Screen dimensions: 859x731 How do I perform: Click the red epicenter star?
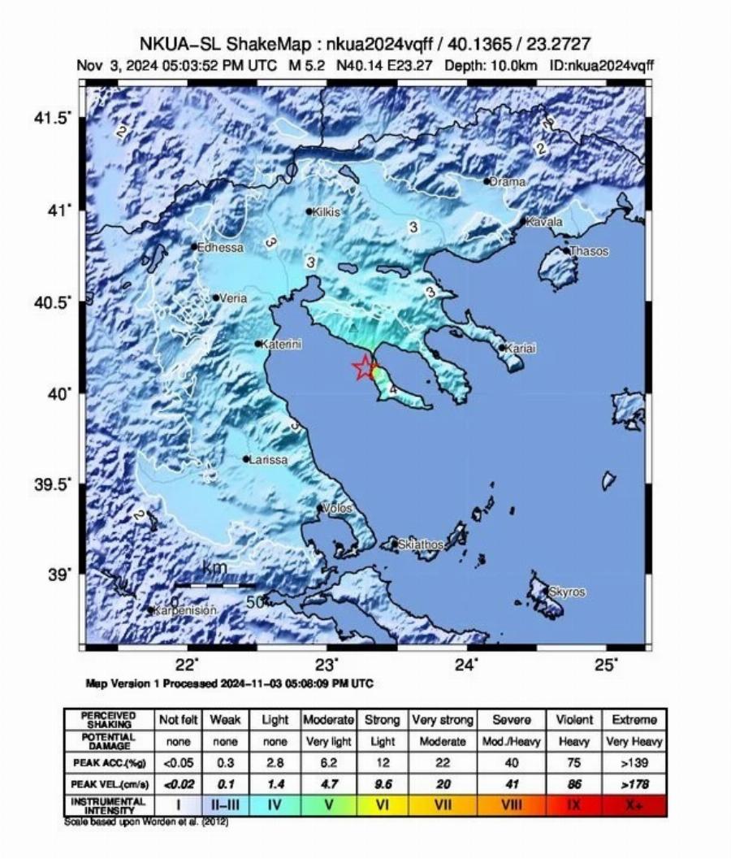[364, 368]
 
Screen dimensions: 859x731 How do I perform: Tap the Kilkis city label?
[327, 212]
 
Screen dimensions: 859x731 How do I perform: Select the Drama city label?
[508, 182]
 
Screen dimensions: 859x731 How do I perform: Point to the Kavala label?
[544, 221]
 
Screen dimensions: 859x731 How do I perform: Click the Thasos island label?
[589, 252]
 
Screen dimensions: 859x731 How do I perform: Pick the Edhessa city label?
[221, 248]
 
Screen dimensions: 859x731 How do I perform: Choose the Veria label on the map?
[233, 298]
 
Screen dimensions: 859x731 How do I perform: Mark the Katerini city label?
[282, 345]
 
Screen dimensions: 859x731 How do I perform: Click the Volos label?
[338, 509]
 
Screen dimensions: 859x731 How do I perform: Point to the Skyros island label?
[567, 592]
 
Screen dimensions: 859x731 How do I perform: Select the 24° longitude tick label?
[466, 664]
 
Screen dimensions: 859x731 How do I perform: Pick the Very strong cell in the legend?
[439, 719]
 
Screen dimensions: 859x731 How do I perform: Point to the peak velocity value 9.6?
[383, 783]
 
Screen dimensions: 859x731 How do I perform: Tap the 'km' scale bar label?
[214, 567]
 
